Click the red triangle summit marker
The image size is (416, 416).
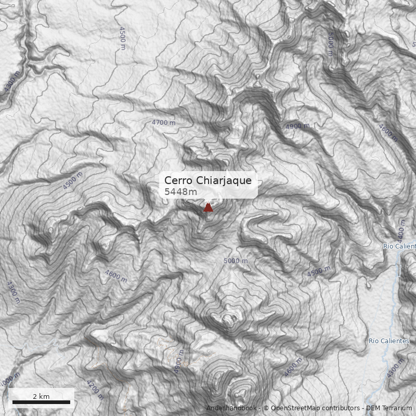[x=208, y=207]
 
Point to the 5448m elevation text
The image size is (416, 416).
[x=180, y=192]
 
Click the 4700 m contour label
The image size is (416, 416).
[x=164, y=122]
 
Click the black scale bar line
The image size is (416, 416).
[x=41, y=402]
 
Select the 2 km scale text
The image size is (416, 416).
[x=41, y=396]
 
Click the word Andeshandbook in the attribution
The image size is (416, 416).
[x=231, y=408]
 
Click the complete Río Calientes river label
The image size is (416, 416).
[x=388, y=341]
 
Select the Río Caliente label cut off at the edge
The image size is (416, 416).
[x=399, y=246]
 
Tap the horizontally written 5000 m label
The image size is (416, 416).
[x=236, y=261]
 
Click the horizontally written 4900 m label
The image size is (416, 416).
[x=297, y=126]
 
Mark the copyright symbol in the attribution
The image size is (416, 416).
[x=266, y=408]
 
